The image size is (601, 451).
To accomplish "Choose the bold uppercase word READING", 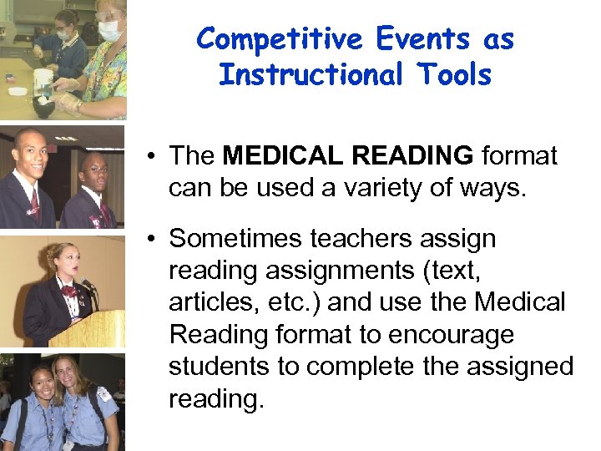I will coord(412,155).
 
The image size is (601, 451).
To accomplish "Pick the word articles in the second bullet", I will coord(204,302).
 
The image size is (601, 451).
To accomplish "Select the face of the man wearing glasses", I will coord(93,175).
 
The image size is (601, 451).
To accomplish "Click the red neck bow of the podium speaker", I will coord(68,291).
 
